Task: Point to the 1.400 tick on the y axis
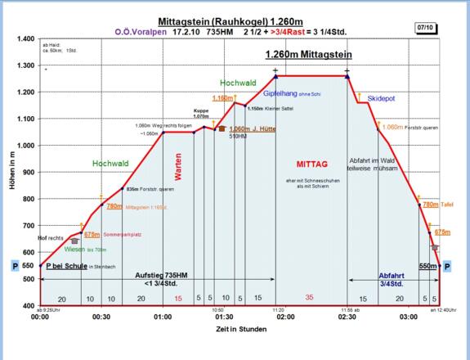coord(23,39)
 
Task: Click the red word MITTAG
coord(310,161)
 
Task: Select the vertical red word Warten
coord(178,166)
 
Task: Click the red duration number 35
coord(310,298)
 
